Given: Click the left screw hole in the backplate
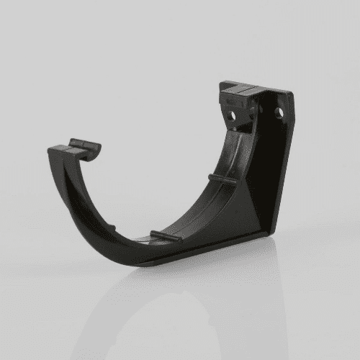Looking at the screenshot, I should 233,114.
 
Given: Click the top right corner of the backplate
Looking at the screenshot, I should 291,94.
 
